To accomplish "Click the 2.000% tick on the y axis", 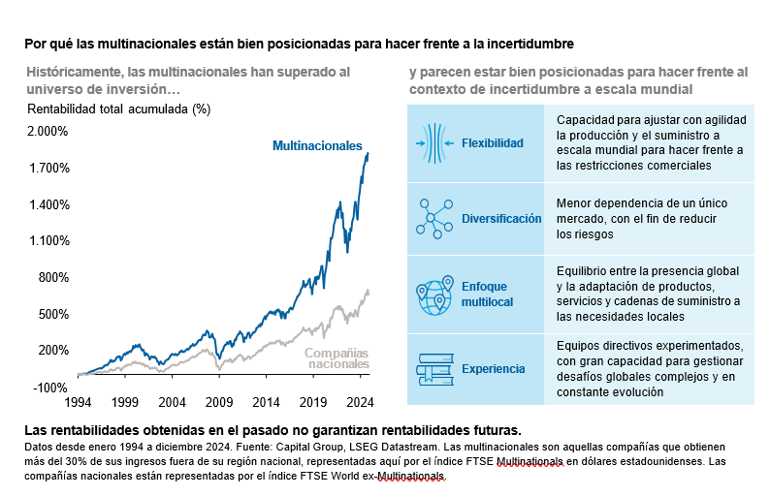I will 48,131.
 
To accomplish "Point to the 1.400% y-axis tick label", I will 48,204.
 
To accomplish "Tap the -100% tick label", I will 51,387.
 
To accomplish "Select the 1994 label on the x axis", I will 78,401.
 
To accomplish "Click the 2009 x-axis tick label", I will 219,401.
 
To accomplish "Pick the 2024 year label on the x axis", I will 361,401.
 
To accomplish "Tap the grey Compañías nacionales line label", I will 337,358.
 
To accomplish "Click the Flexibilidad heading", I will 493,143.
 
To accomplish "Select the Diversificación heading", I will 502,219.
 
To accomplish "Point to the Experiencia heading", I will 494,369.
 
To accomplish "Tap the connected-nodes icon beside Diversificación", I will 435,218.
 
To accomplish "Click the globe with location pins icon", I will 435,295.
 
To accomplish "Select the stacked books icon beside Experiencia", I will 435,369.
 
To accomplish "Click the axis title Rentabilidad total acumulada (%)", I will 118,109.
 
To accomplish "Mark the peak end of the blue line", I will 368,153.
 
